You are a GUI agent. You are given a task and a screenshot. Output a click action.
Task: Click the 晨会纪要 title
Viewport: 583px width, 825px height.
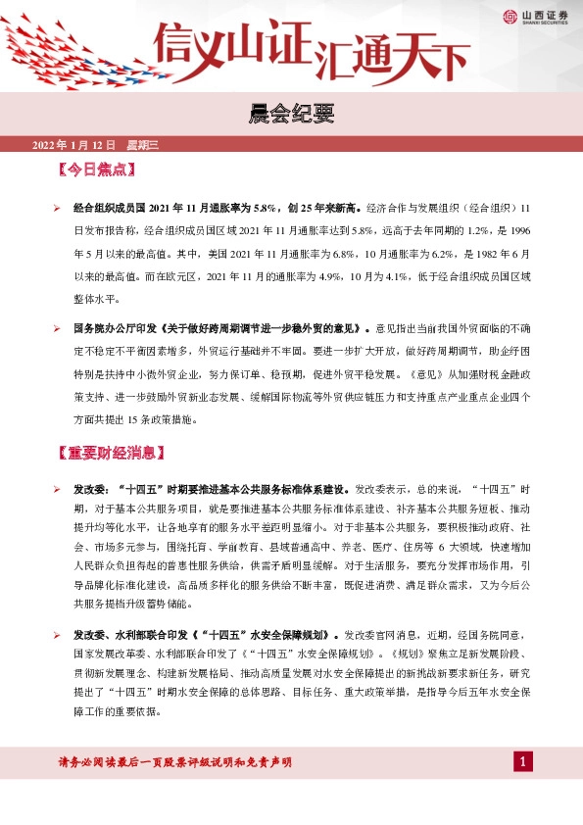pyautogui.click(x=291, y=115)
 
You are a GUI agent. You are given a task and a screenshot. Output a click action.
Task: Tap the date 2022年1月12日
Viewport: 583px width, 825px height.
pyautogui.click(x=75, y=145)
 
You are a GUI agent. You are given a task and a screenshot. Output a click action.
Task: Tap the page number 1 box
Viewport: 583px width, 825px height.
pyautogui.click(x=524, y=762)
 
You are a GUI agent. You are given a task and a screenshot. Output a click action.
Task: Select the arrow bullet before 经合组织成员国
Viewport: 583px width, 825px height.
pyautogui.click(x=57, y=209)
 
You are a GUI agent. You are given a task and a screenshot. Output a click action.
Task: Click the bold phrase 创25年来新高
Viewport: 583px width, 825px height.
pyautogui.click(x=323, y=209)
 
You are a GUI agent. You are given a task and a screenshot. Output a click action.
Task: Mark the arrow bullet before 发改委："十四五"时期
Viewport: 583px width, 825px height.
pyautogui.click(x=57, y=487)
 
